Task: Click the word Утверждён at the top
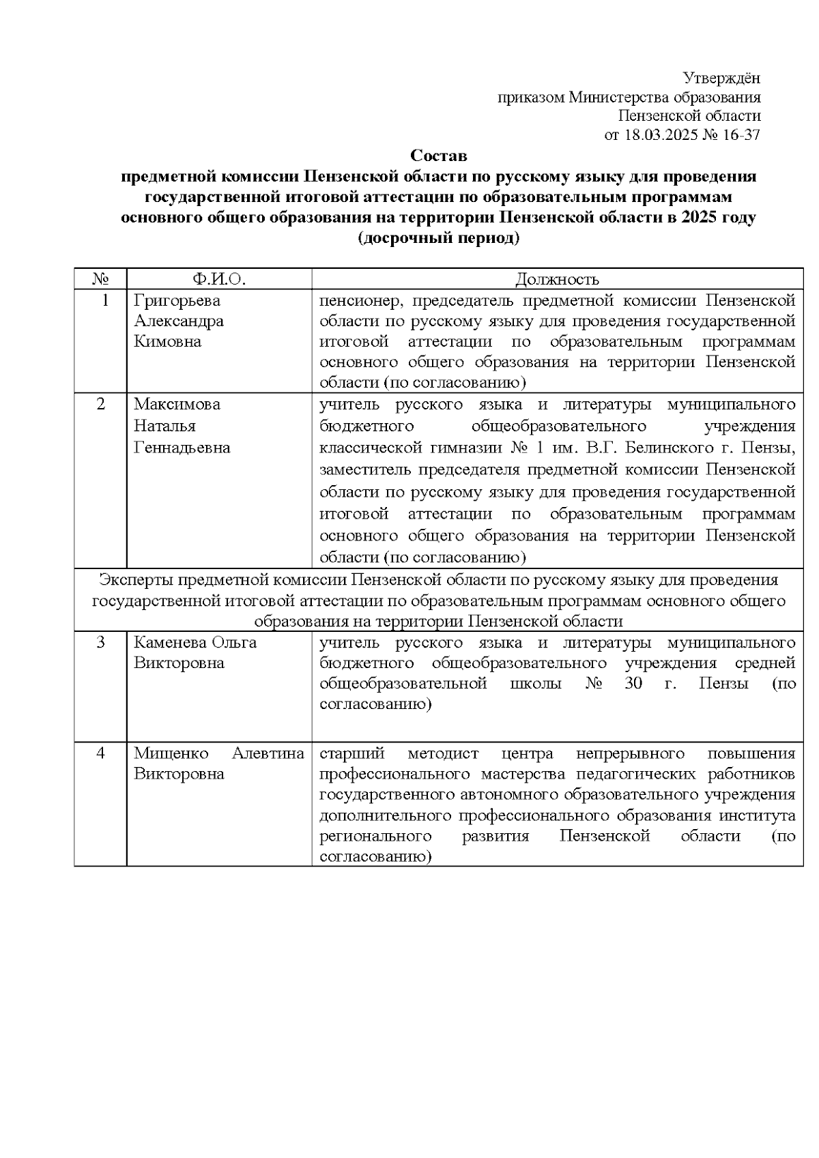[x=721, y=78]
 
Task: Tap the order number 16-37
[x=741, y=134]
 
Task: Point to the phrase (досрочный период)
[x=438, y=239]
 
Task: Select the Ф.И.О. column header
[x=218, y=278]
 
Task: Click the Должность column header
[x=557, y=278]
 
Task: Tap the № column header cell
[x=100, y=278]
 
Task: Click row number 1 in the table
[x=104, y=300]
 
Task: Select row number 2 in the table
[x=101, y=404]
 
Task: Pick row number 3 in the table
[x=101, y=642]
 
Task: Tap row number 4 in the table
[x=101, y=753]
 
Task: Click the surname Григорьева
[x=177, y=300]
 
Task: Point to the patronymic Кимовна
[x=167, y=341]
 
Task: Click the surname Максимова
[x=177, y=404]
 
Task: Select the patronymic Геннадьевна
[x=182, y=448]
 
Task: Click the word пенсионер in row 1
[x=358, y=300]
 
